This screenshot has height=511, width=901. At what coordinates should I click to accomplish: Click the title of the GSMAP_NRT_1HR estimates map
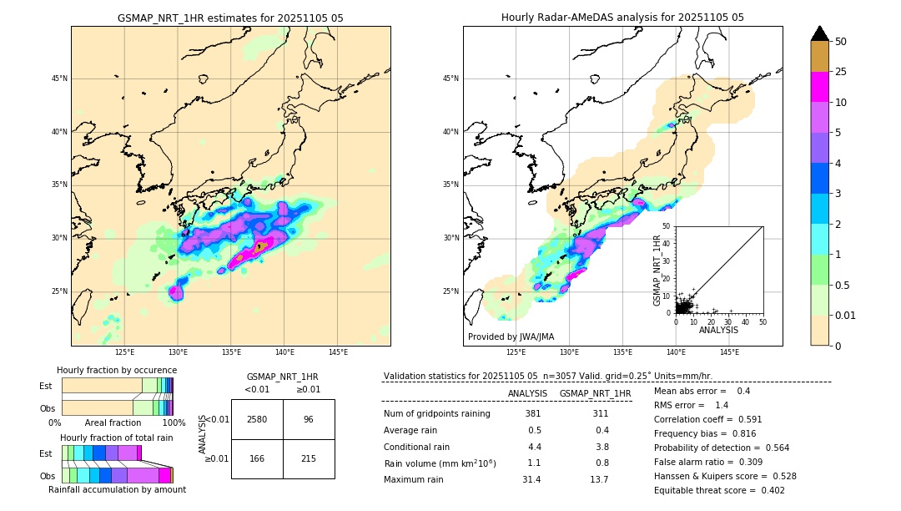coord(230,18)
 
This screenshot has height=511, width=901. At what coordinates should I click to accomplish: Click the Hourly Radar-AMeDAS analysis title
coord(622,18)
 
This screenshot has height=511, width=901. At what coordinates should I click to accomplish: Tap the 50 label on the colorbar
coord(841,42)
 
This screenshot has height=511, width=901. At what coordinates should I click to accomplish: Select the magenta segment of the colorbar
coord(819,87)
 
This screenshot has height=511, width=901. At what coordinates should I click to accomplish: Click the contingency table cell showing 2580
coord(257,419)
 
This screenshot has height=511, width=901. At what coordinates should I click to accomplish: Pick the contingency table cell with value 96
coord(309,419)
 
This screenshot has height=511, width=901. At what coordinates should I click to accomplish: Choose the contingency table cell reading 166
coord(257,458)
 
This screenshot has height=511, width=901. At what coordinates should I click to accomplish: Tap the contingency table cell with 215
coord(309,458)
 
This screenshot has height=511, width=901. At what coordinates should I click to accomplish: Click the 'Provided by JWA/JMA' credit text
coord(511,337)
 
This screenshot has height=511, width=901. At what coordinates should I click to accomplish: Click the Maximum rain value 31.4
coord(531,479)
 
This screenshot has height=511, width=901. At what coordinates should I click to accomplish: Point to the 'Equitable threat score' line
coord(719,490)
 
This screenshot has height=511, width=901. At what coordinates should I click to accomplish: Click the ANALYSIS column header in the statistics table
coord(527,393)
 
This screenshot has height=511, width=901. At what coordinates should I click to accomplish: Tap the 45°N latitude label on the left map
coord(58,78)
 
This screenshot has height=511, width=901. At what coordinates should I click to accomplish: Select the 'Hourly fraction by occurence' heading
coord(117,370)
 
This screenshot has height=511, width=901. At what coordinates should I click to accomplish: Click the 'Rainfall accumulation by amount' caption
coord(117,489)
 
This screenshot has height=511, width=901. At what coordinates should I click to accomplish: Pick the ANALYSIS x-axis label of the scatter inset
coord(718,330)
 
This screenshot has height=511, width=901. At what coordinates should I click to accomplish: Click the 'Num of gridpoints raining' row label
coord(437,414)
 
